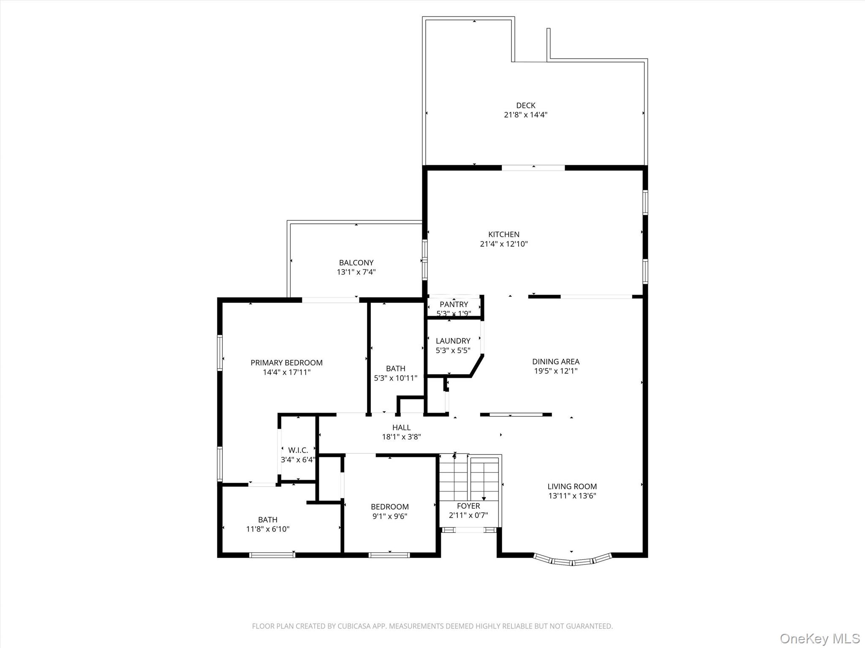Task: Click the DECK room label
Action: (x=525, y=105)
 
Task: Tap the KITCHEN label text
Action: (x=504, y=235)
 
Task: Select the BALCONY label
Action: (x=356, y=263)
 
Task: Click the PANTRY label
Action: (x=454, y=305)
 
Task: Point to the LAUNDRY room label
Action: (x=453, y=341)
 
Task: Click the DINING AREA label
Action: (x=555, y=362)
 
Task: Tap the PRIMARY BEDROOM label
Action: (x=286, y=363)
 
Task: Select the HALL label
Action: (x=401, y=428)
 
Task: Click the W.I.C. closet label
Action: (x=298, y=451)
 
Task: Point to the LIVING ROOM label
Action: (x=572, y=486)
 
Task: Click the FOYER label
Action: (x=468, y=506)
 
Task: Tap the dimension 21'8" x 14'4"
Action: (x=525, y=115)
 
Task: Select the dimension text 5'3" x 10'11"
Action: (x=395, y=378)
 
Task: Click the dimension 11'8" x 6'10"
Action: (x=268, y=529)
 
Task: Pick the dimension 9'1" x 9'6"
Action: (x=389, y=516)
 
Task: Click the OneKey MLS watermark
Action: (x=819, y=638)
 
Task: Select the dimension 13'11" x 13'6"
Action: (x=572, y=496)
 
